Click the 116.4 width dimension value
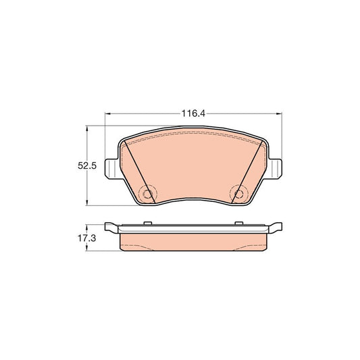pos(192,113)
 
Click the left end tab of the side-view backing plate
pos(111,225)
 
